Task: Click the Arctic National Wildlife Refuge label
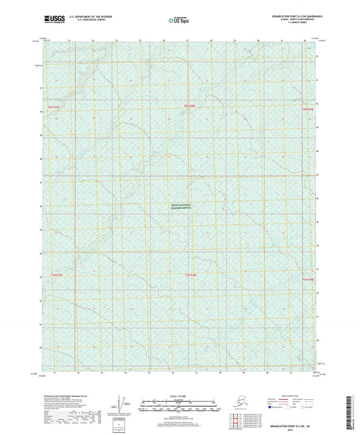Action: click(x=180, y=209)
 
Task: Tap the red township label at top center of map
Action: click(x=194, y=107)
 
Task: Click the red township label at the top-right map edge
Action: click(x=309, y=109)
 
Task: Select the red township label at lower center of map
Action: click(x=191, y=276)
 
